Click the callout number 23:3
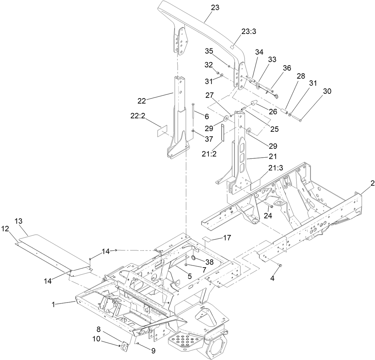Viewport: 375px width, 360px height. pos(249,31)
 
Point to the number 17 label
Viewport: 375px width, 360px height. pos(227,238)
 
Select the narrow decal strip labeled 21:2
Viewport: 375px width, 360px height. pos(223,133)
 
